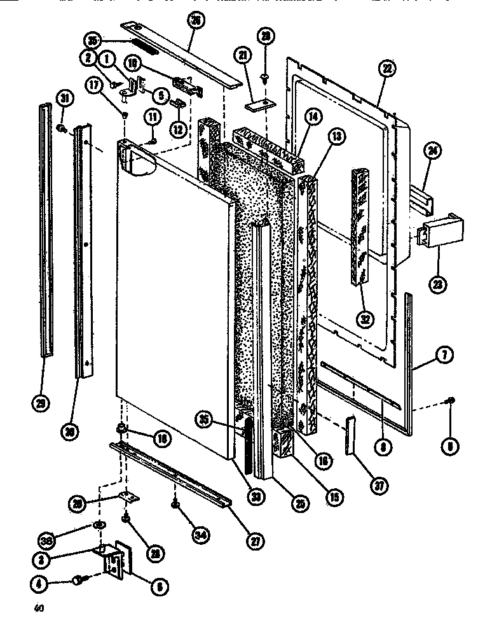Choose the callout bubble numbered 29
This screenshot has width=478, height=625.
(41, 402)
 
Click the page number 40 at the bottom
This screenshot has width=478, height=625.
(40, 608)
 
